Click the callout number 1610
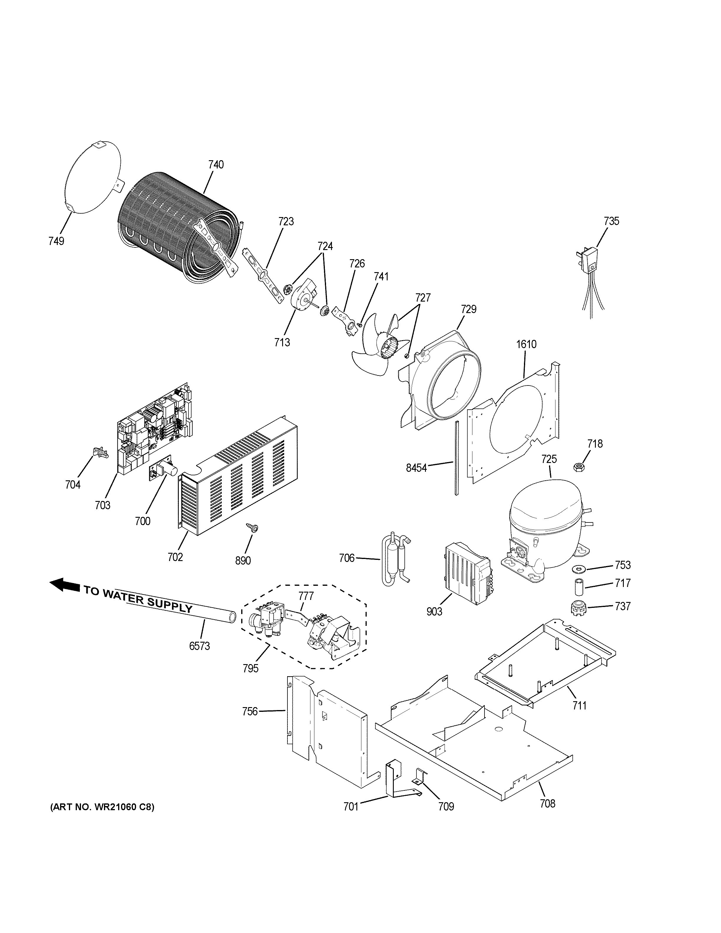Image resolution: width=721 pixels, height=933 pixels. [526, 344]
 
